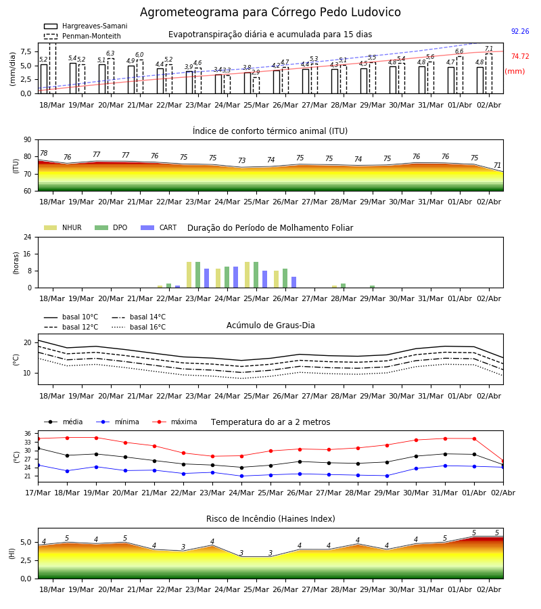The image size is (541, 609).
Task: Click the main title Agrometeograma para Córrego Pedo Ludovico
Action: click(x=270, y=12)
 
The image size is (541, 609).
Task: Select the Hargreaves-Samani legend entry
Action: click(x=86, y=26)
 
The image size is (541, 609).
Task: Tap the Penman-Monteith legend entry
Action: click(x=83, y=36)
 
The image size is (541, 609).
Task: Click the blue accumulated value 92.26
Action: click(x=520, y=31)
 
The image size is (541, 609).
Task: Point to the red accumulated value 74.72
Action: click(x=520, y=56)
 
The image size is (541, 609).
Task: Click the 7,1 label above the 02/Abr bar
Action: click(x=489, y=49)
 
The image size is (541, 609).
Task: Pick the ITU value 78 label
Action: click(x=44, y=153)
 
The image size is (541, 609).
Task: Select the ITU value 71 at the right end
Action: click(x=497, y=165)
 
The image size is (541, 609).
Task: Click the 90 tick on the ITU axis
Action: click(x=28, y=140)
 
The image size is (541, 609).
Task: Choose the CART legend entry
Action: click(x=159, y=227)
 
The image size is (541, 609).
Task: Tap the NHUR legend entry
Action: click(x=63, y=227)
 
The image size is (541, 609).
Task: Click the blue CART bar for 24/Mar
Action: click(x=235, y=277)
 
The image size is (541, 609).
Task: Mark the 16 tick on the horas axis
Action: click(x=28, y=254)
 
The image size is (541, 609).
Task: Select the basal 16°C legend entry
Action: click(x=139, y=327)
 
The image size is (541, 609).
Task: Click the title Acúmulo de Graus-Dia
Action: click(x=270, y=325)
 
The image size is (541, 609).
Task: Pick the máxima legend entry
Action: click(x=174, y=422)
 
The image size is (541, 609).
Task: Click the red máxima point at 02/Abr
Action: click(x=503, y=461)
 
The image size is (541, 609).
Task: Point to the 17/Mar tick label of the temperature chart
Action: click(x=38, y=493)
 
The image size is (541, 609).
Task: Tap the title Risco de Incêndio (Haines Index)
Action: click(x=270, y=519)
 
